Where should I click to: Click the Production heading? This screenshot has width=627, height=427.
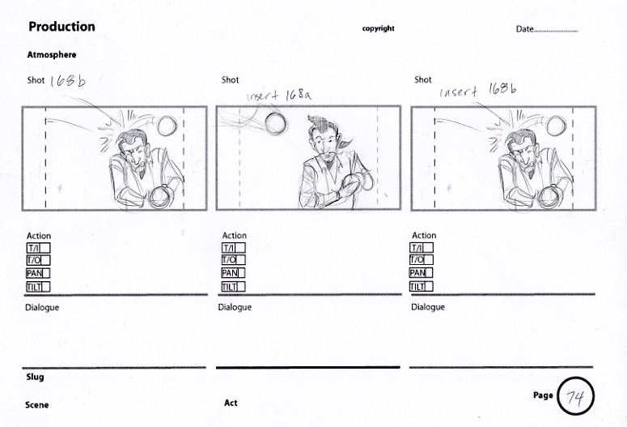(x=61, y=27)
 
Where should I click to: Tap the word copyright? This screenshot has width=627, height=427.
(x=379, y=28)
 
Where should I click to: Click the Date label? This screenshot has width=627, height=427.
(x=524, y=29)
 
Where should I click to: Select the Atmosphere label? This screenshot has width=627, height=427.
(x=52, y=55)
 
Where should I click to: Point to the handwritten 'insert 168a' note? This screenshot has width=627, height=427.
(x=278, y=96)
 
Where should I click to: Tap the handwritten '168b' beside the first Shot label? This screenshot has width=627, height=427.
(x=68, y=81)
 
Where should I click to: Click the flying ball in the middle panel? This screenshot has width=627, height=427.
(x=276, y=123)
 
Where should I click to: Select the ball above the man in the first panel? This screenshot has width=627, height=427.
(x=167, y=126)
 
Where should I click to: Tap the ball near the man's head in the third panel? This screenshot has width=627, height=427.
(x=556, y=126)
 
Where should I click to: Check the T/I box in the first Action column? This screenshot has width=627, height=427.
(x=38, y=249)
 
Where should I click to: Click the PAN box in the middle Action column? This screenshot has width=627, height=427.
(x=233, y=273)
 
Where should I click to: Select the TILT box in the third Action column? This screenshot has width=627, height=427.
(x=421, y=286)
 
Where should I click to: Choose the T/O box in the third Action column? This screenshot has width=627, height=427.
(x=421, y=259)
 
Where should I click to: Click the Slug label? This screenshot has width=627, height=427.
(x=35, y=377)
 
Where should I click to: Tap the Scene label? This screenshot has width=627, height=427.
(x=36, y=405)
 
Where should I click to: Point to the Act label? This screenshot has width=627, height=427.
(x=231, y=403)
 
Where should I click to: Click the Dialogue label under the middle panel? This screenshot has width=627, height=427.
(x=235, y=308)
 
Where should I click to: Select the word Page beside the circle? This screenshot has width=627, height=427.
(x=543, y=395)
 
